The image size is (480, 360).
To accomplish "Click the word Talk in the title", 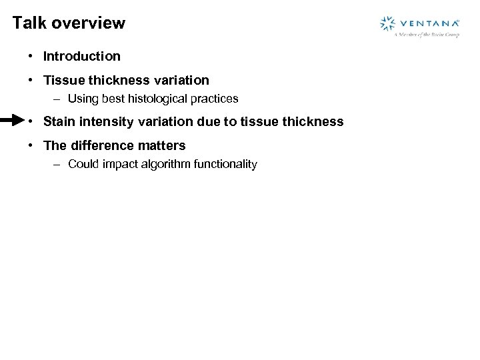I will (x=29, y=23).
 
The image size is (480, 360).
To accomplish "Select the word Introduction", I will (x=82, y=57).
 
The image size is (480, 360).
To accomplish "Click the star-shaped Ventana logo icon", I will (x=387, y=24).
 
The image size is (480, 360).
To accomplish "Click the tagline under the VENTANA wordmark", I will (x=427, y=35).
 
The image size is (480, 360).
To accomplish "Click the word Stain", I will (x=59, y=121).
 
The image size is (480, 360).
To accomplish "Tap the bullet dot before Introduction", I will (x=31, y=57).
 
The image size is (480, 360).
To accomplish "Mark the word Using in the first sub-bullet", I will (x=83, y=99).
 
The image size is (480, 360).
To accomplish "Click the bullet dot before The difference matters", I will (x=31, y=145).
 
